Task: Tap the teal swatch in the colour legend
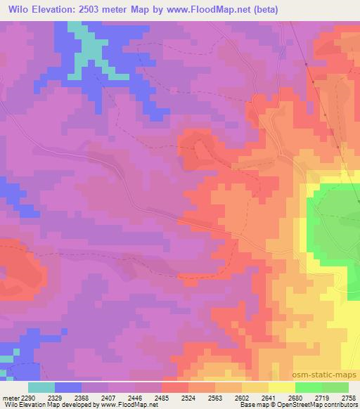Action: (x=41, y=387)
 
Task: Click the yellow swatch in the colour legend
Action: (x=282, y=387)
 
